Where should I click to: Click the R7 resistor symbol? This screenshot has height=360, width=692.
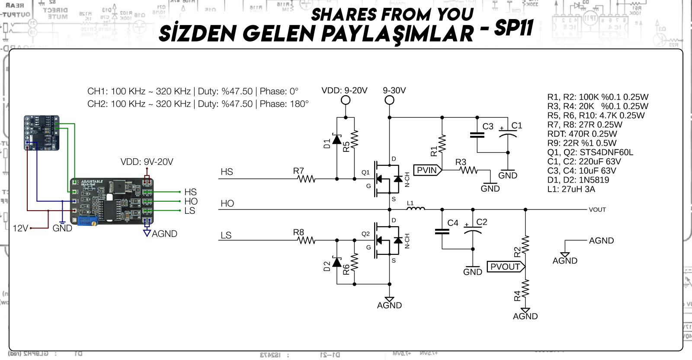point(307,179)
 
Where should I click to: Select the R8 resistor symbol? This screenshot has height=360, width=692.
point(307,240)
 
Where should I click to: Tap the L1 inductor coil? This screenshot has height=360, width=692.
point(416,209)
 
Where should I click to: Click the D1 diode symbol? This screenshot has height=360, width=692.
point(337,139)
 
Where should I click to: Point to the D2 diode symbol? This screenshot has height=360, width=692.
point(337,262)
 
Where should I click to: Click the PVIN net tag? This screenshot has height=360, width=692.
point(428,170)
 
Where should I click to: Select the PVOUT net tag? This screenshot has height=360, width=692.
point(506,267)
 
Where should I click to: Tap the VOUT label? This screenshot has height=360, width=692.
point(597,210)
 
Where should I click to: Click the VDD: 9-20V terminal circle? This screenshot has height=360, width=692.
point(346,100)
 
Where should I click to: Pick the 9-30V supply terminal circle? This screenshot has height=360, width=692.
point(389,100)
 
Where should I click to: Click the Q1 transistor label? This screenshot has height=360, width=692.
point(365,172)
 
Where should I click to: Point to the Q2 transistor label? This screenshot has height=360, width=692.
point(365,234)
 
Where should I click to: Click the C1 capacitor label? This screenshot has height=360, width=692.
point(517,125)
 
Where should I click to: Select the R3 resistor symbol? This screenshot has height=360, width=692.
point(469,170)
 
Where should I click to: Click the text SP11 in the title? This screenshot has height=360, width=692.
point(513,29)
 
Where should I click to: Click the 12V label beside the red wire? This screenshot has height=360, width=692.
point(20,228)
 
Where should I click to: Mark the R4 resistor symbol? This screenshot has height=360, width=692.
point(525,289)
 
